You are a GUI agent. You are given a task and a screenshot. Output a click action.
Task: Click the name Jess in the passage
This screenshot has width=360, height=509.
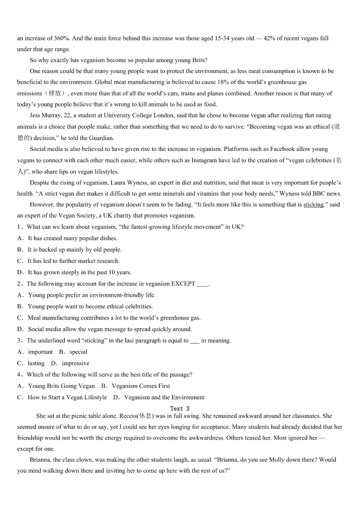(x=36, y=116)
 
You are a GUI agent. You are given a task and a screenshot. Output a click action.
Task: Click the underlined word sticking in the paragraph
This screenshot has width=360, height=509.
(x=313, y=205)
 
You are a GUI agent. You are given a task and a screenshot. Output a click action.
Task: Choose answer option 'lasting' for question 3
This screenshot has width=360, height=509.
(x=36, y=364)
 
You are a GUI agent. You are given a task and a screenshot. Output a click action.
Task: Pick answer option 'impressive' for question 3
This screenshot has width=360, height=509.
(x=76, y=364)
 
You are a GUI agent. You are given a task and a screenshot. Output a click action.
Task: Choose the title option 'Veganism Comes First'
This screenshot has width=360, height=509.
(x=141, y=386)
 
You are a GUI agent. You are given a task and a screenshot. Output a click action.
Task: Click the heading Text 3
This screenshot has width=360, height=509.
(x=180, y=408)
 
